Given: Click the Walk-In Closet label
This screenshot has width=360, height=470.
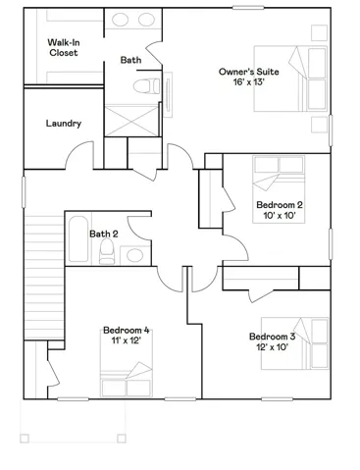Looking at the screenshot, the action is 64,47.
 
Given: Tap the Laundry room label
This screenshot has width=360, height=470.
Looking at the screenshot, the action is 64,124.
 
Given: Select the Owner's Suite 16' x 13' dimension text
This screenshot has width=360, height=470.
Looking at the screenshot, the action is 248,81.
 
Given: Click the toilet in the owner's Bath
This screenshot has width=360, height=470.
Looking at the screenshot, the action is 147,86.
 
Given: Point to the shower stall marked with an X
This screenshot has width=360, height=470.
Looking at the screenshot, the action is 131,120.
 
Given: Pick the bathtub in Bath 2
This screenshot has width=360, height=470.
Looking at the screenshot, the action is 78,238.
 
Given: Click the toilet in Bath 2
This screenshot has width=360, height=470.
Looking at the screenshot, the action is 107,251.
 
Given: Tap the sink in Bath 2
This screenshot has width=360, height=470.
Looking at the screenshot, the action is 134,255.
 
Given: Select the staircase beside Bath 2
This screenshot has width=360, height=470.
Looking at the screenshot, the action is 44,278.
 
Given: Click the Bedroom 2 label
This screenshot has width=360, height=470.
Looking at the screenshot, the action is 280,205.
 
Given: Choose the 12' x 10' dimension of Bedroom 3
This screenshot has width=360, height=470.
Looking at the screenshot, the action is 272,347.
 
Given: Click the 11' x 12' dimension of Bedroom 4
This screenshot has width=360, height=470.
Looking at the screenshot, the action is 126,340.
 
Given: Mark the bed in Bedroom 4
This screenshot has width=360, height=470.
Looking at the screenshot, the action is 127,363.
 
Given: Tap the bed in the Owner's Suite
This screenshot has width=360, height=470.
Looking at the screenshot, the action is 290,78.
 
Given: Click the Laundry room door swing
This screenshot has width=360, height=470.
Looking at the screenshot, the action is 79,154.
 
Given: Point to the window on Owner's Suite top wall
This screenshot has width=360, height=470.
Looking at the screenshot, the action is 248,7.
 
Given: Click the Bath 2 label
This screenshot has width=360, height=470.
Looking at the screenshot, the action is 104,234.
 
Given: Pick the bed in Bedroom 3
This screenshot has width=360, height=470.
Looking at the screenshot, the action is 294,343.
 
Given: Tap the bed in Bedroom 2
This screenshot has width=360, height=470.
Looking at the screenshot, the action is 279,189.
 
